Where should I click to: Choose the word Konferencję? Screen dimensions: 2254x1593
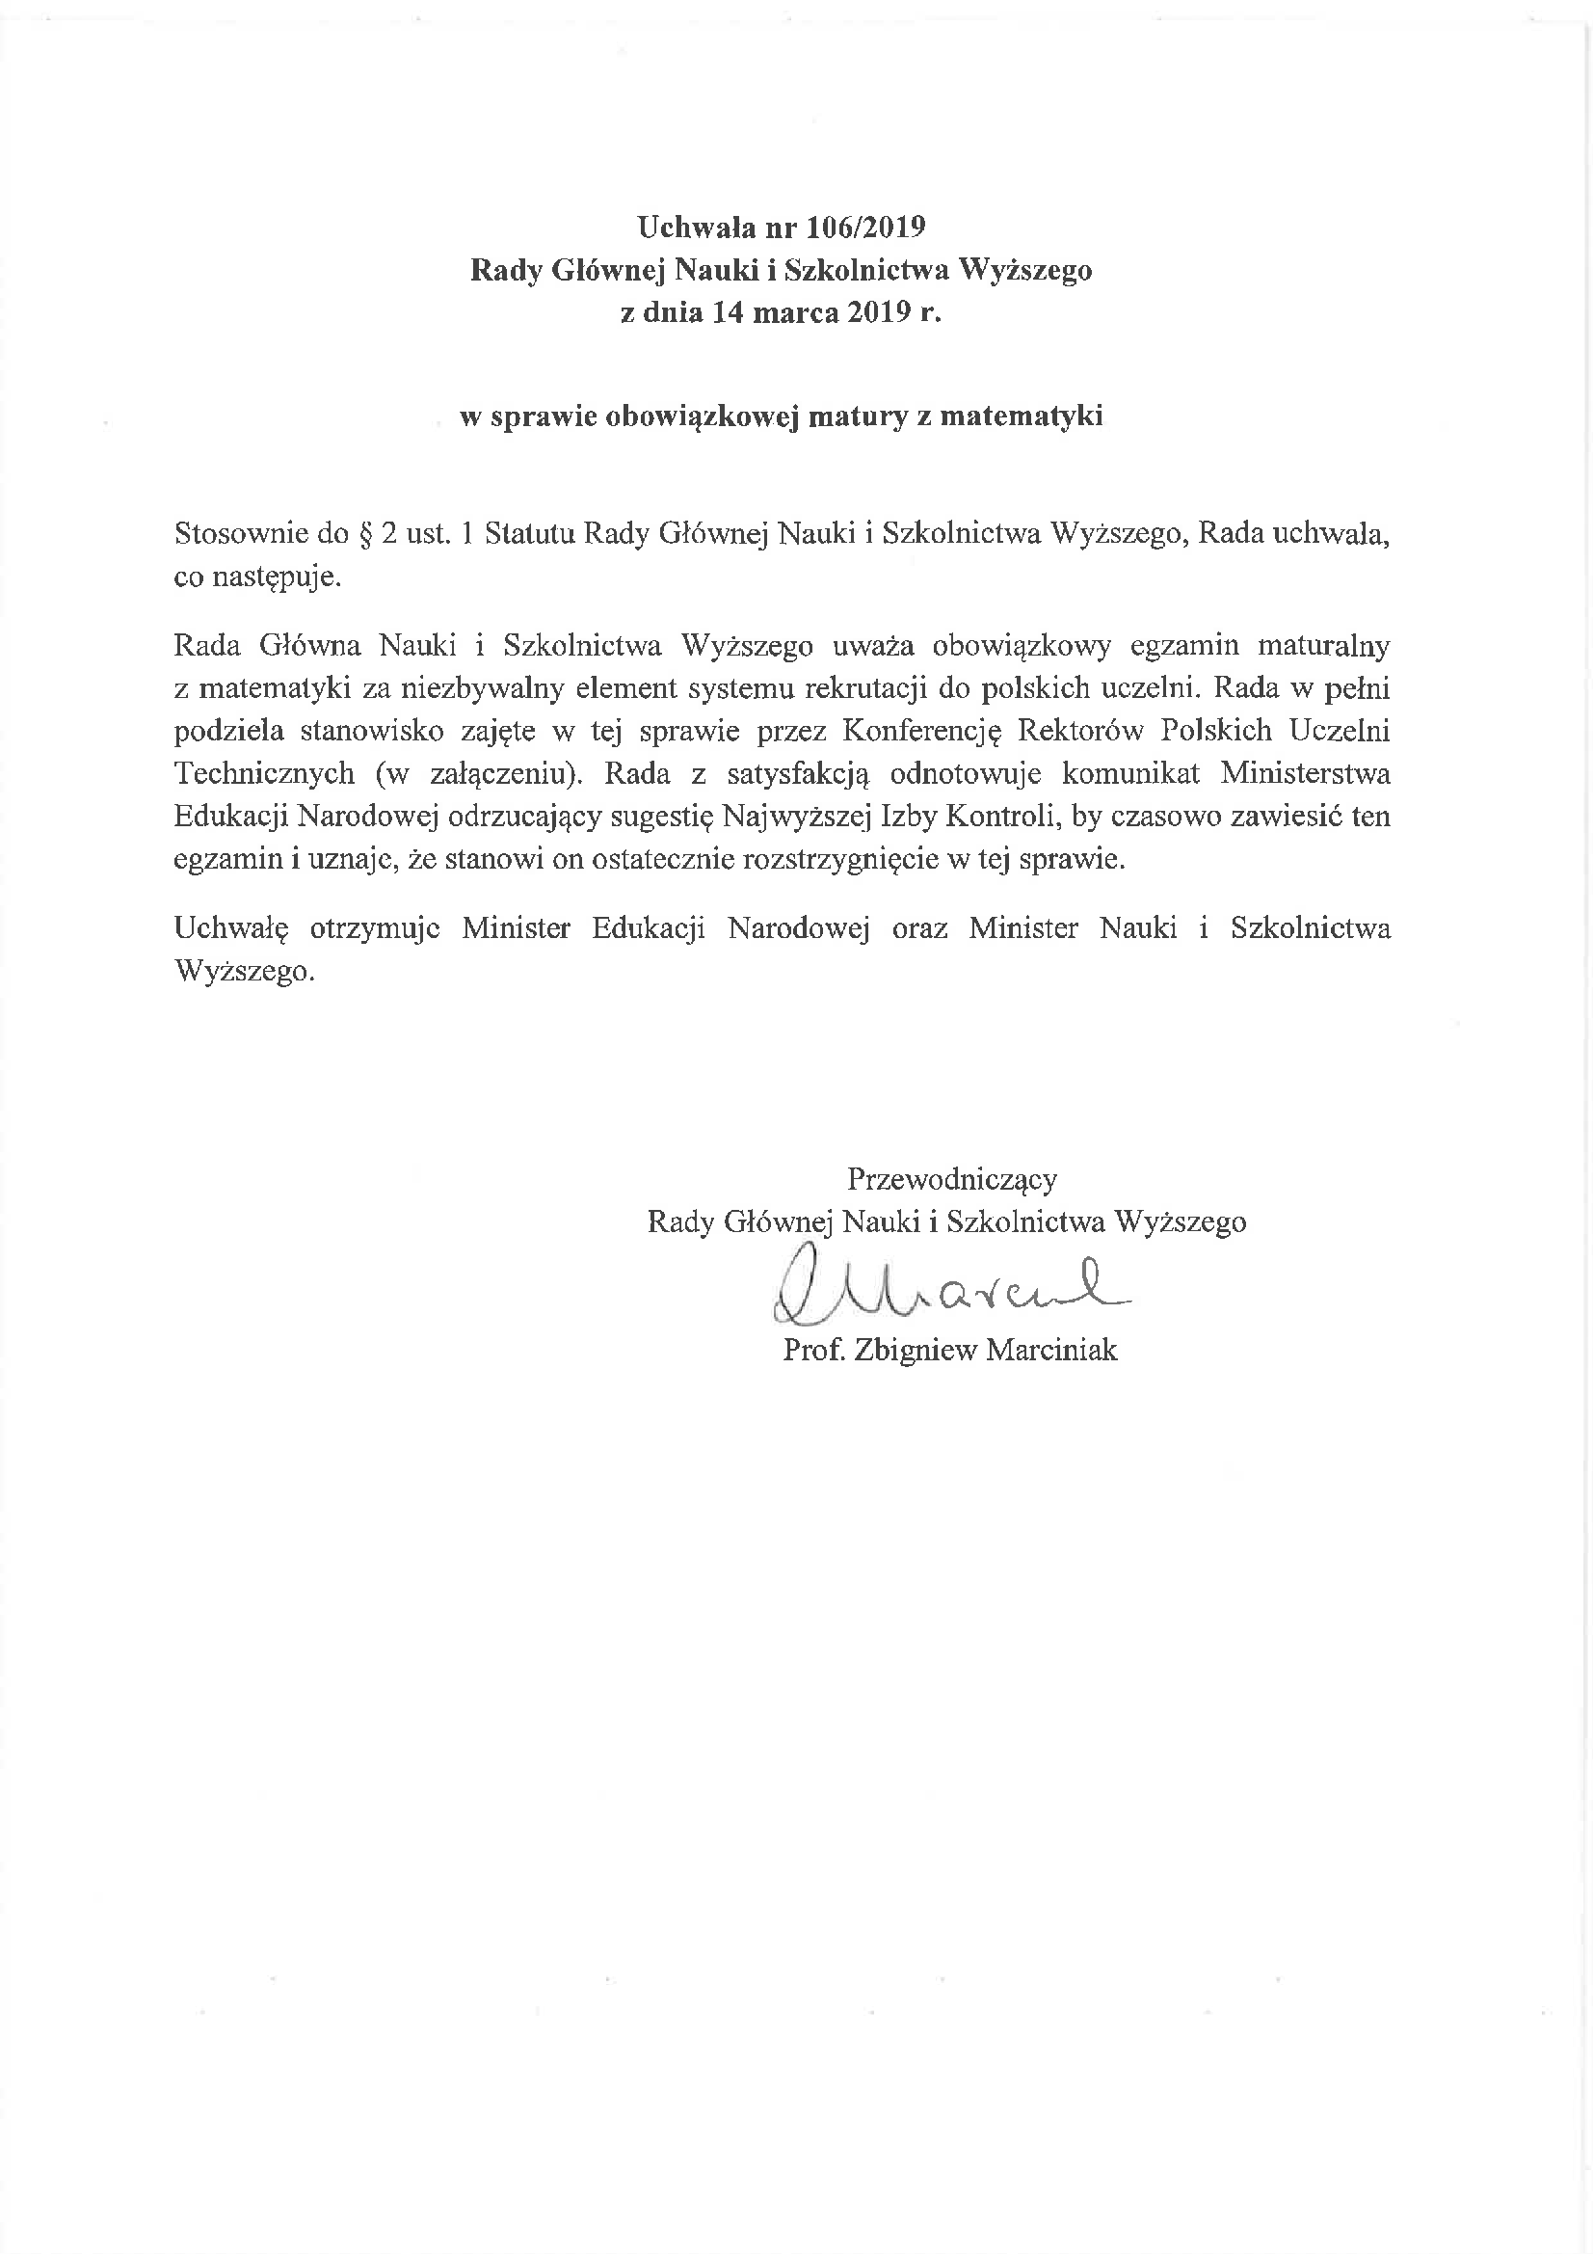pos(919,732)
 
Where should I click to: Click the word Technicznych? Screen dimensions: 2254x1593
pos(264,773)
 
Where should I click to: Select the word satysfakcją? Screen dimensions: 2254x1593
pos(798,773)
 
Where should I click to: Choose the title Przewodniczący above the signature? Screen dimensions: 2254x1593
pos(951,1178)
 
